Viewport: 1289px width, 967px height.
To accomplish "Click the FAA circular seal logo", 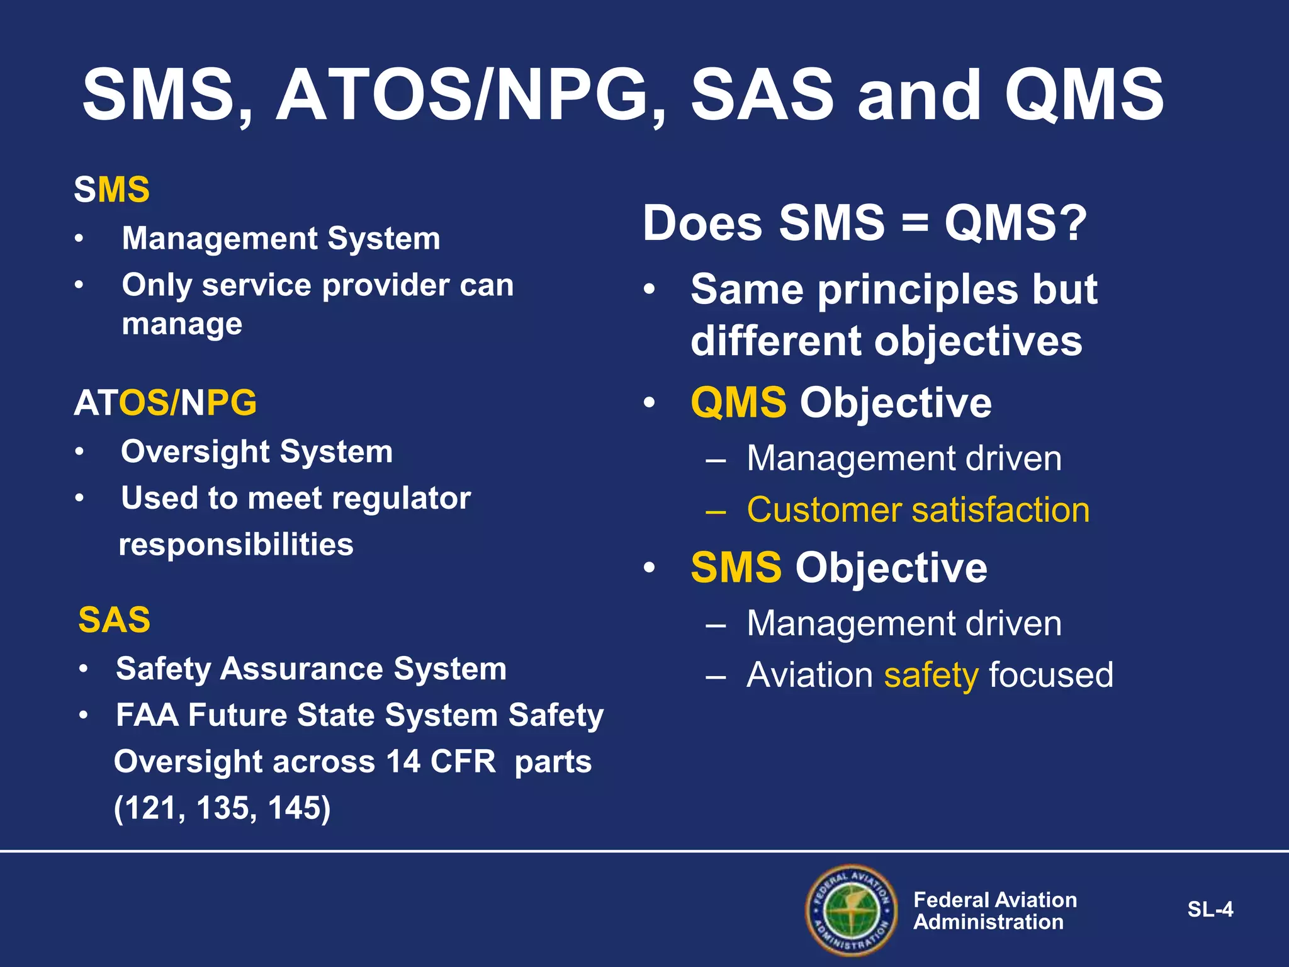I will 852,910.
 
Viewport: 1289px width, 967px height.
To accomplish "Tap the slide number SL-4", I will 1210,910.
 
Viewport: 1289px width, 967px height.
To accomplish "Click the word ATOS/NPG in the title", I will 463,96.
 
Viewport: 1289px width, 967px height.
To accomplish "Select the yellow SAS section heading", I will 114,620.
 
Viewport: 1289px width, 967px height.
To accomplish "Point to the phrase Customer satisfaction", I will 918,510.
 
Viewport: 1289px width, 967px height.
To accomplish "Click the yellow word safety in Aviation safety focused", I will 931,675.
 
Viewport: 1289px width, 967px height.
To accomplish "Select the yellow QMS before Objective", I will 738,403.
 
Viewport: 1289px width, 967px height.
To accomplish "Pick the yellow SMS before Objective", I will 736,568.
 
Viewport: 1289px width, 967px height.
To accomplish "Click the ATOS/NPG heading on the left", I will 166,403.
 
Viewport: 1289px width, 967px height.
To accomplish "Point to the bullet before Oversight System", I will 79,452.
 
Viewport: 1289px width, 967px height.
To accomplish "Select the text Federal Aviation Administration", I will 994,910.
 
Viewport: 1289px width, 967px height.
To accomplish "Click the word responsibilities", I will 236,545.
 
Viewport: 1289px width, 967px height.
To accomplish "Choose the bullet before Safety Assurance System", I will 84,669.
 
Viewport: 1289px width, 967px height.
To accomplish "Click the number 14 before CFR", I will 403,762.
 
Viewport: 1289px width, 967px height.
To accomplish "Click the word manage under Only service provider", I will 182,325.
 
